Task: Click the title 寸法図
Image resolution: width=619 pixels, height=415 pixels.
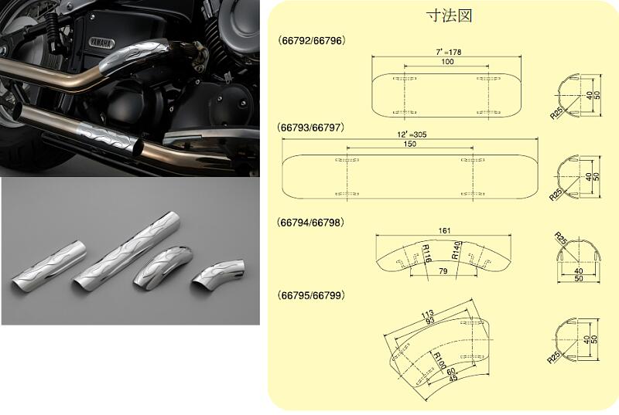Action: coord(448,15)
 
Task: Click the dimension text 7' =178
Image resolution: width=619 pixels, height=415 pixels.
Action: coord(443,51)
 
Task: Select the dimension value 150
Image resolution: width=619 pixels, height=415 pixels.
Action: coord(410,144)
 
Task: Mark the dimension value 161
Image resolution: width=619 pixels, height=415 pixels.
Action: coord(443,230)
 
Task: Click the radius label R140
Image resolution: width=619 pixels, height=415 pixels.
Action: coord(457,251)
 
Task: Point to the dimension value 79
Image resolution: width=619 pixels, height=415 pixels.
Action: coord(442,271)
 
